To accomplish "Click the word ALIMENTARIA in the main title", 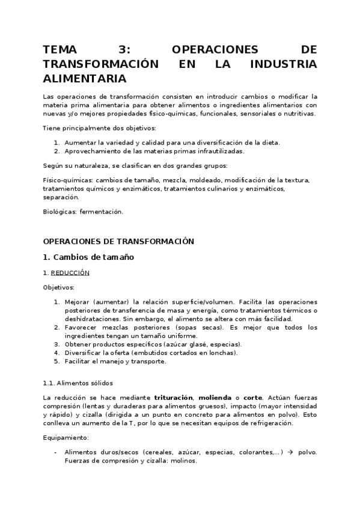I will click(85, 79).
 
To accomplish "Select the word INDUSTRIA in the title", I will click(282, 64).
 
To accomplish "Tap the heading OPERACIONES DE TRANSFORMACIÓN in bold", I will click(118, 241).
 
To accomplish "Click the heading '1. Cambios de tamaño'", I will click(88, 257).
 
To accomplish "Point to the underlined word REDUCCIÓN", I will click(70, 272).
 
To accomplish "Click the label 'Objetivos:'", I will click(59, 287).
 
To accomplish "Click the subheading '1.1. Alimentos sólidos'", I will click(78, 382).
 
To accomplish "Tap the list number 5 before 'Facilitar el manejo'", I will click(56, 361).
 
